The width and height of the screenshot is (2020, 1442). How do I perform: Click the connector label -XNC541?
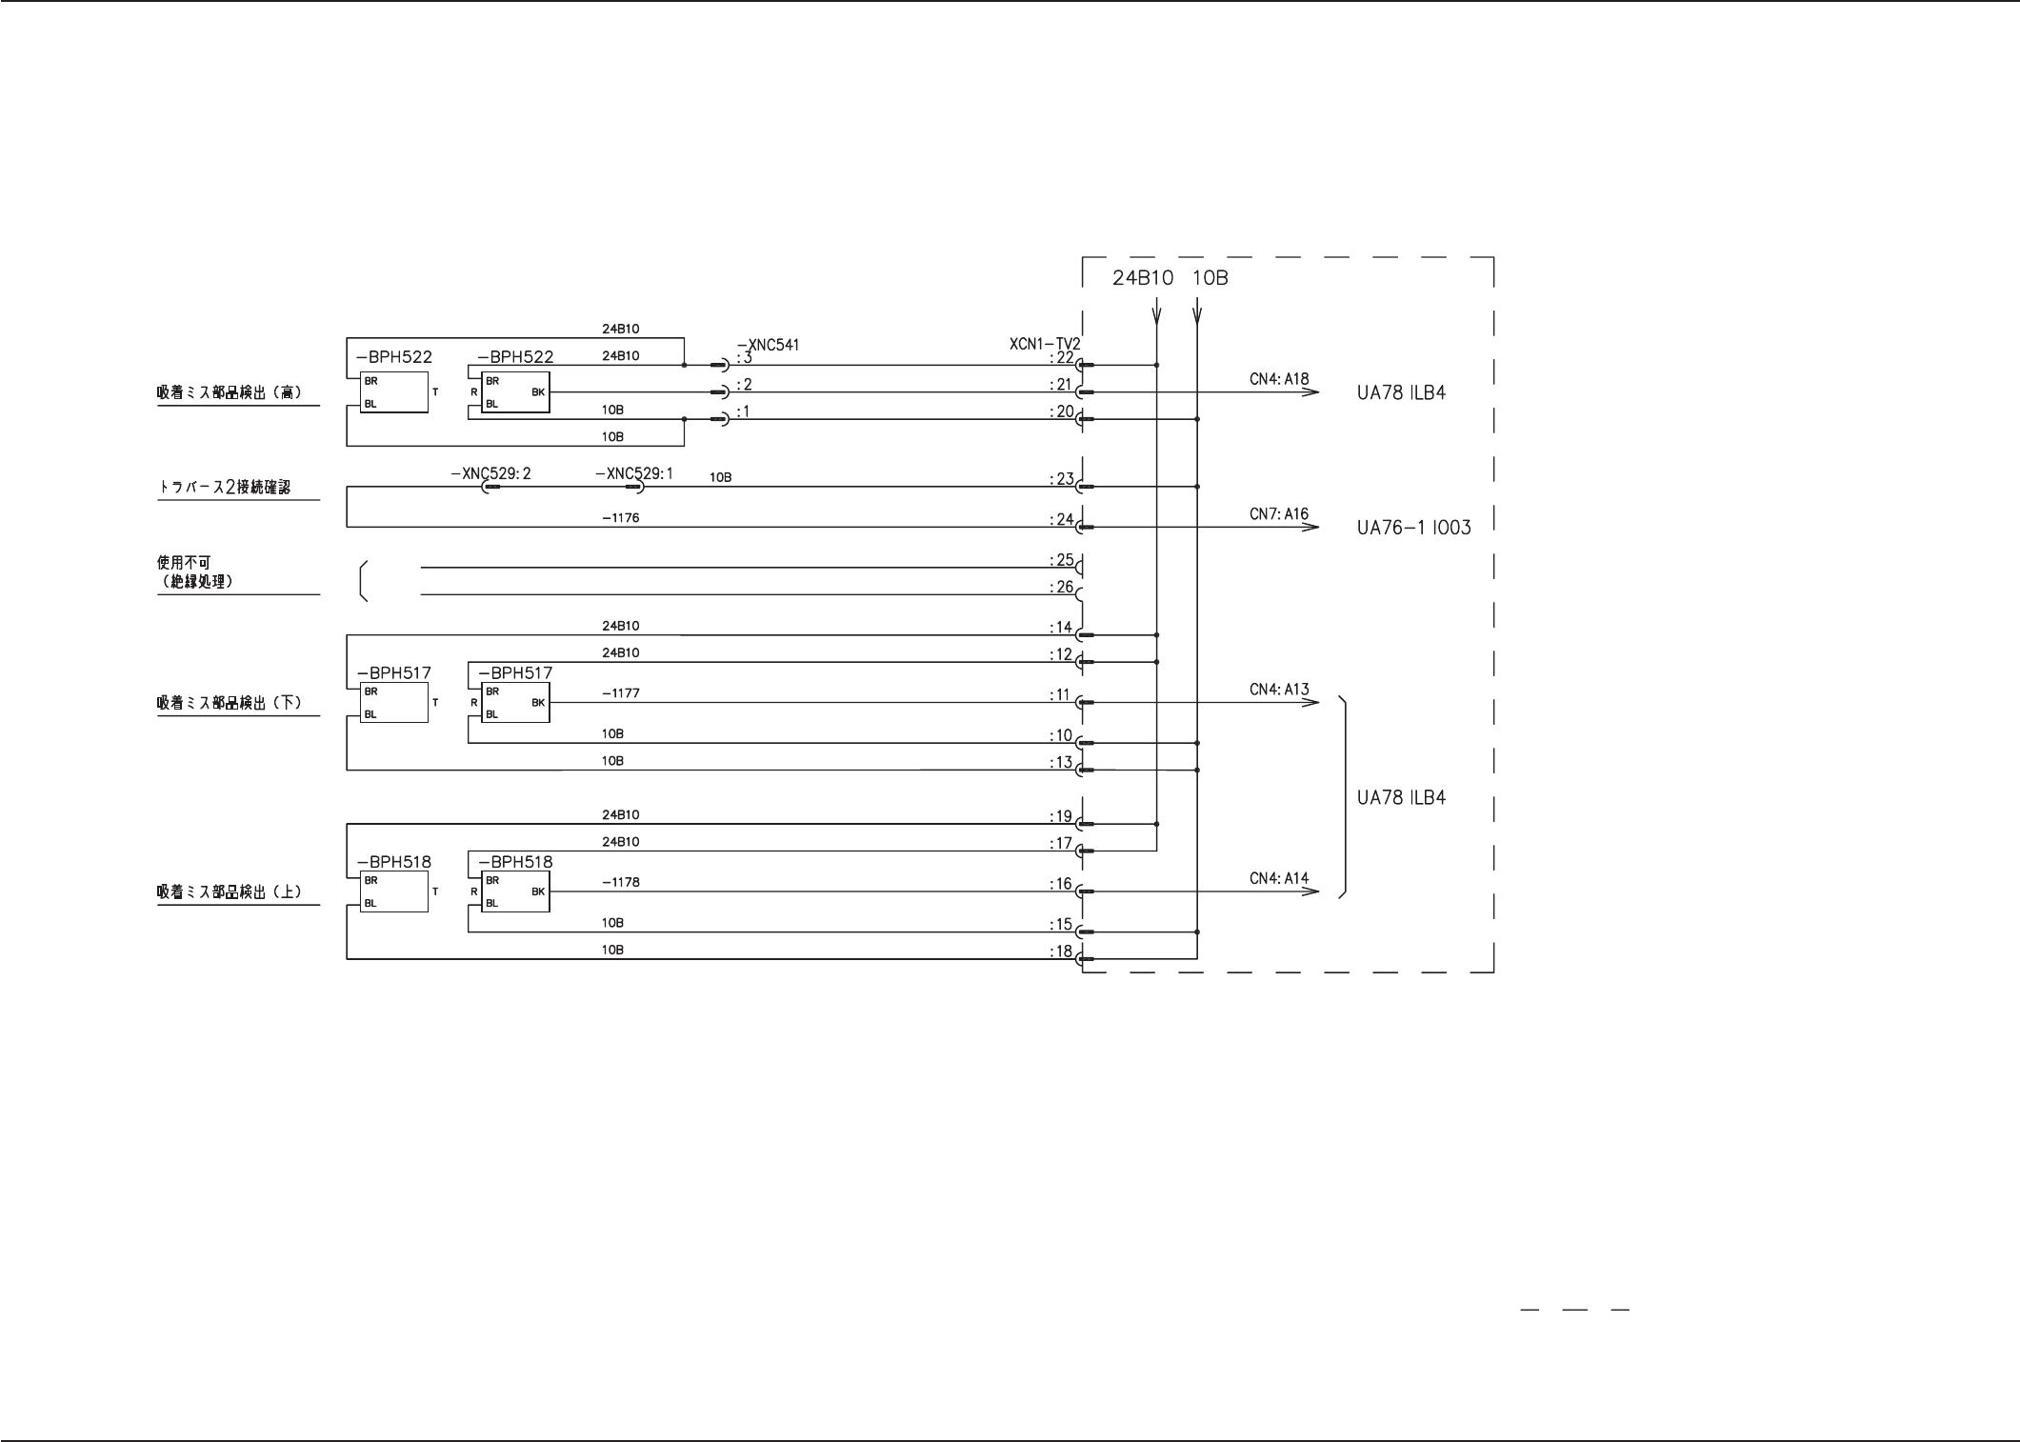768,345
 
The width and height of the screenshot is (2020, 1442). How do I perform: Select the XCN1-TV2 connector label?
1045,344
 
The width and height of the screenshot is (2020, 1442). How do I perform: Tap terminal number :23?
1061,479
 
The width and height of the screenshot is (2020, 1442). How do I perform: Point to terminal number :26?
1061,587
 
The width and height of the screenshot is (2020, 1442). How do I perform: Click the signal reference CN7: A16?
1279,514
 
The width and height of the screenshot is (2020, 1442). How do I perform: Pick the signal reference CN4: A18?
1279,379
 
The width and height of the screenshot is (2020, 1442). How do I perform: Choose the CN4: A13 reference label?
1279,690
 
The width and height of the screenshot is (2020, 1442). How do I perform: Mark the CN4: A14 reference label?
1279,878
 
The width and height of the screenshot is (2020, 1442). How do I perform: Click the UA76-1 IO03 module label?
1413,528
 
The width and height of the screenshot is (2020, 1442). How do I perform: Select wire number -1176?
620,518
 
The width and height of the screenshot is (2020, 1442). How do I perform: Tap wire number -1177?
620,693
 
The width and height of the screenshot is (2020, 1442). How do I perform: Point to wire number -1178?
620,882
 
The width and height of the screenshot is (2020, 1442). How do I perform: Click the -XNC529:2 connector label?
490,473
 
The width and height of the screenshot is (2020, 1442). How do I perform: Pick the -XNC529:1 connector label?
634,473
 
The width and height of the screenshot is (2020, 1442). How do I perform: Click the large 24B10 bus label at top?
1143,278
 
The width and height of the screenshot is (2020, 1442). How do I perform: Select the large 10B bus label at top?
1210,278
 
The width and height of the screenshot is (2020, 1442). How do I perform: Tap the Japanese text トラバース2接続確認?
224,487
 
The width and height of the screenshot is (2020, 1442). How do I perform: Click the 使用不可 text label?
184,563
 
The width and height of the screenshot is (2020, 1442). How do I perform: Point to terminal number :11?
1060,695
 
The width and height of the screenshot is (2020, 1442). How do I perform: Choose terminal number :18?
1060,951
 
